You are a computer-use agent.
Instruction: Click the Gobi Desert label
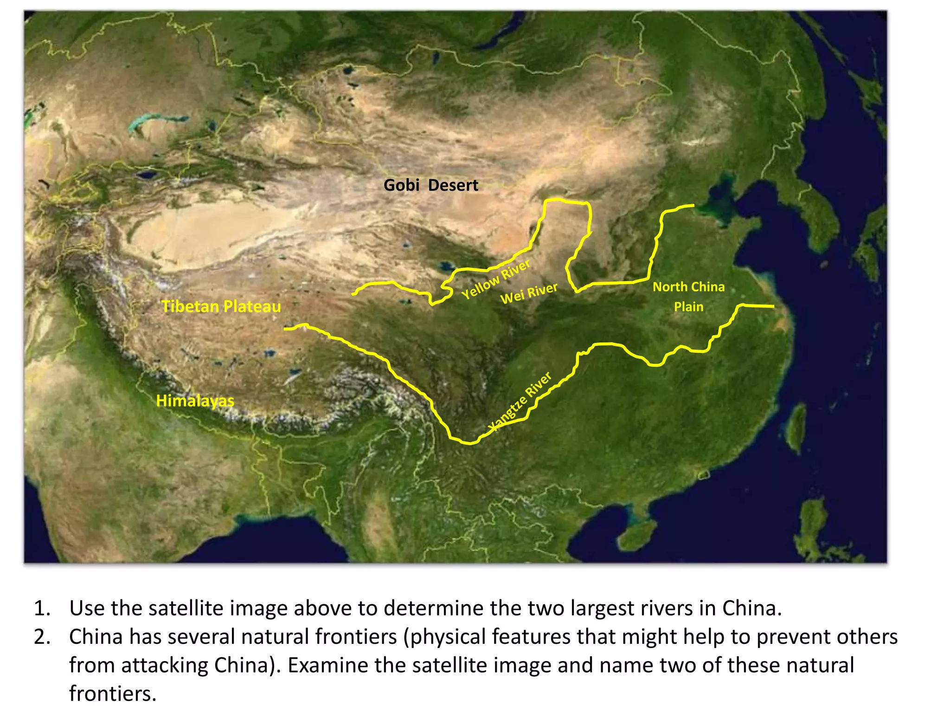[430, 185]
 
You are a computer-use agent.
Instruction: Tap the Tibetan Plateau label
[221, 306]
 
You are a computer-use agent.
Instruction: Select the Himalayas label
[195, 401]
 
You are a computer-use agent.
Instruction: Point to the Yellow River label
[495, 279]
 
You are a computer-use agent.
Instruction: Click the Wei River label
[529, 293]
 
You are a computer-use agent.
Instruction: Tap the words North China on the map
[688, 287]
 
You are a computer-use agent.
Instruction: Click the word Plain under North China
[688, 307]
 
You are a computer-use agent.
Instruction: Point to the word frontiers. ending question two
[113, 694]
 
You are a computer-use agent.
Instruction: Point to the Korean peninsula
[816, 209]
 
